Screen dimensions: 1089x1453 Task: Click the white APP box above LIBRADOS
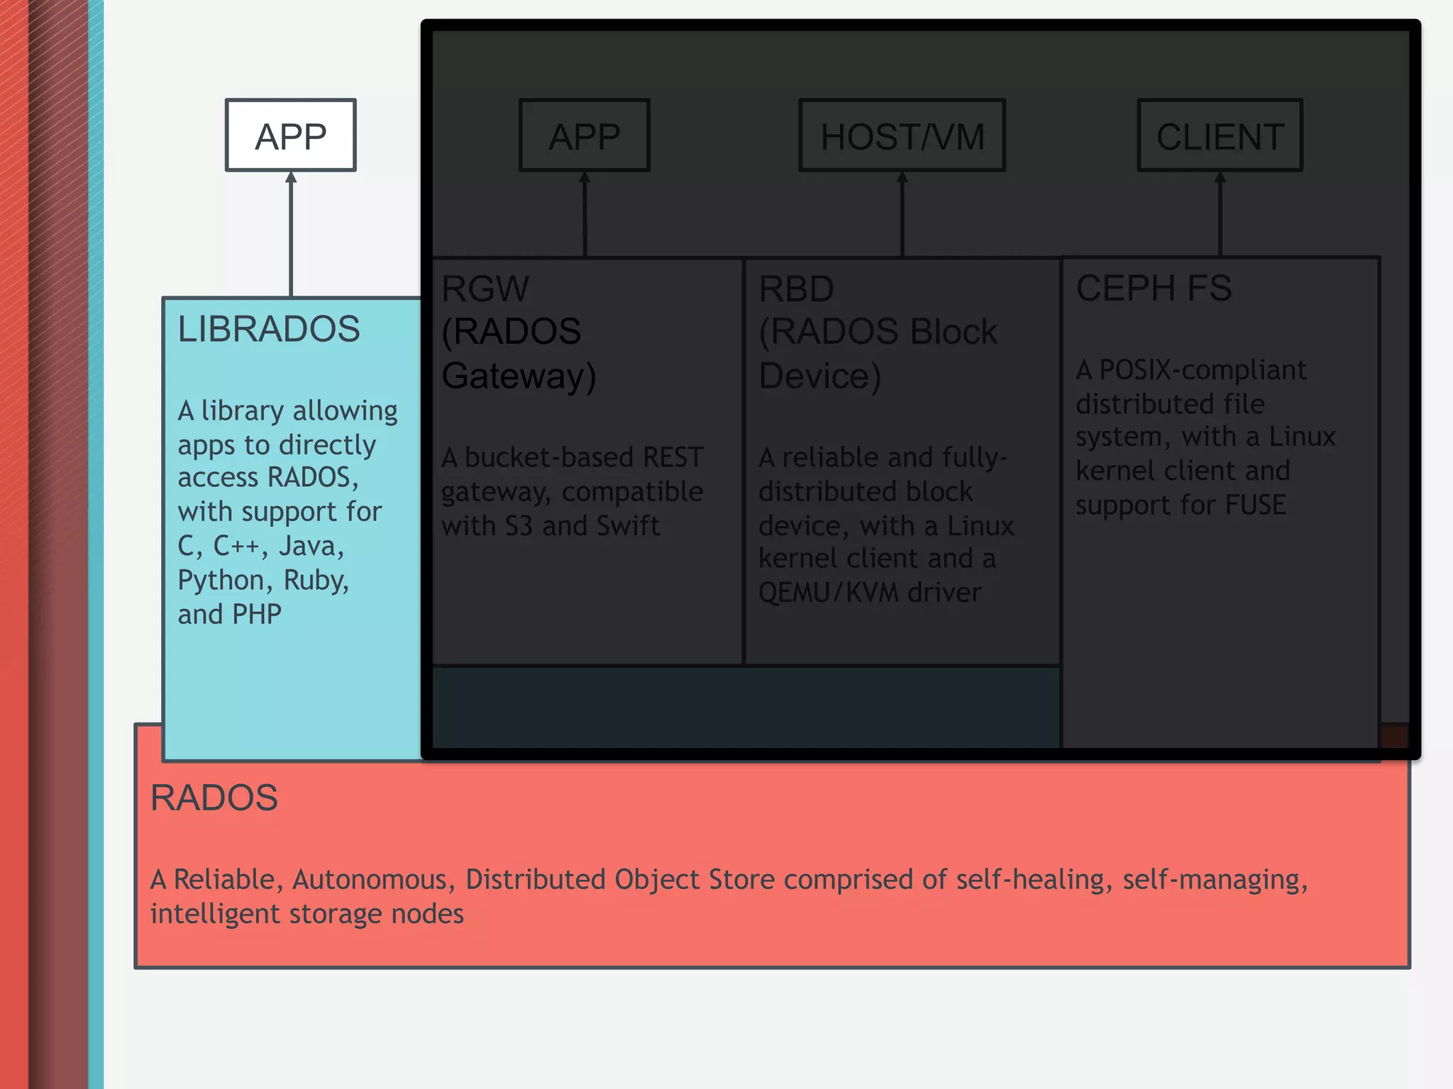[x=291, y=135]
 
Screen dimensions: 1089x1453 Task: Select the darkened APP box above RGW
[x=585, y=135]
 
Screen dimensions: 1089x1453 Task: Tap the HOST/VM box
[x=902, y=135]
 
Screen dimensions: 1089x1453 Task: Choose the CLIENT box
[x=1220, y=135]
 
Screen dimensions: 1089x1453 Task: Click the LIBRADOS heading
[x=269, y=329]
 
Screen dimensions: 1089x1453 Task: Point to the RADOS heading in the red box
[x=214, y=798]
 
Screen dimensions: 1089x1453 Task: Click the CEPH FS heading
[x=1154, y=289]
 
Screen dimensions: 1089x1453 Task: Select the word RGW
[x=485, y=289]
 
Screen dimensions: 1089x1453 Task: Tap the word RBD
[x=796, y=289]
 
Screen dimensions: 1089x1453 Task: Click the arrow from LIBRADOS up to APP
[x=291, y=234]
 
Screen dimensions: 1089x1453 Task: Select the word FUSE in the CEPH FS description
[x=1255, y=505]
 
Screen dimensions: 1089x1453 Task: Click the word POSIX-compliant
[x=1203, y=370]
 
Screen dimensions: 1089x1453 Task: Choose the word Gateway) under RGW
[x=519, y=376]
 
